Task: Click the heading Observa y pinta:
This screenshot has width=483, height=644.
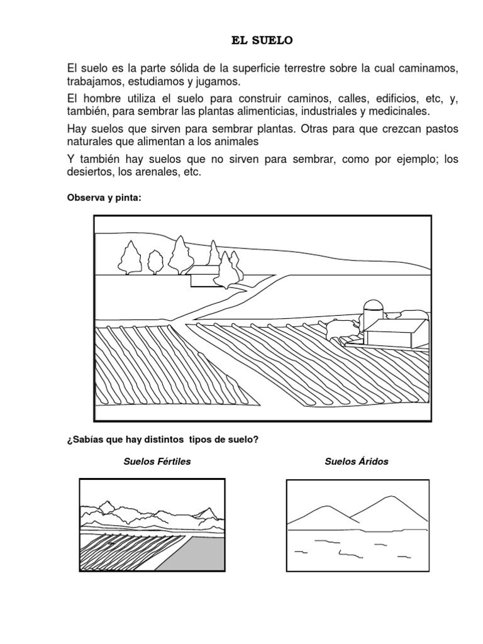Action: (104, 197)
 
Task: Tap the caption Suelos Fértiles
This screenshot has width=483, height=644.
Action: (157, 462)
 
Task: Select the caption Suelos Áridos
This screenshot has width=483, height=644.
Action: (357, 462)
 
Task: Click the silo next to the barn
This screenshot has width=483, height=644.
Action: (373, 311)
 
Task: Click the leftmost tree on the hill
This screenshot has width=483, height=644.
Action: (130, 258)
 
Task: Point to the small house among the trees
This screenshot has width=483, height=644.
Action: (203, 276)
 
